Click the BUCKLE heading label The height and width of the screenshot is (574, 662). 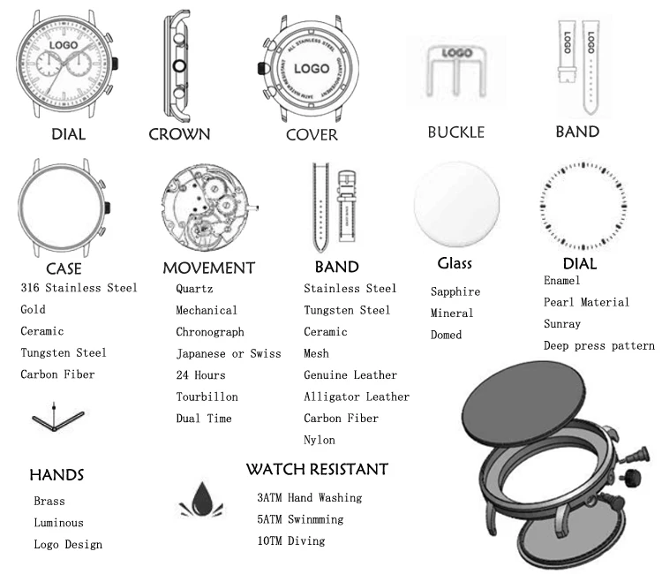tap(455, 132)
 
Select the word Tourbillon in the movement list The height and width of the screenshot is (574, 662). tap(207, 397)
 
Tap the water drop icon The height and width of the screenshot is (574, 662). tap(200, 500)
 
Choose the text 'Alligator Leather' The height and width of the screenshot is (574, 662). tap(357, 397)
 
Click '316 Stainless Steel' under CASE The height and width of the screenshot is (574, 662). tap(79, 288)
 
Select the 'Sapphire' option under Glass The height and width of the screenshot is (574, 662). tap(455, 291)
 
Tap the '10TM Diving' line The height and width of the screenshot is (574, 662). tap(291, 540)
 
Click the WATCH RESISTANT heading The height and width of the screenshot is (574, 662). tap(317, 469)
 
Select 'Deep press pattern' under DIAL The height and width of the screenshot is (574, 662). tap(598, 345)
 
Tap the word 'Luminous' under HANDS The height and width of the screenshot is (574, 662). tap(58, 523)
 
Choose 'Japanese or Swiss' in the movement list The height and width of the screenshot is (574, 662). tap(228, 353)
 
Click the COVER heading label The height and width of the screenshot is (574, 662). tap(312, 135)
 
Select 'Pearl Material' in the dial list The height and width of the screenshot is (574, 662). tap(586, 302)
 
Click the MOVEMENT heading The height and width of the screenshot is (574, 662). tap(208, 268)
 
